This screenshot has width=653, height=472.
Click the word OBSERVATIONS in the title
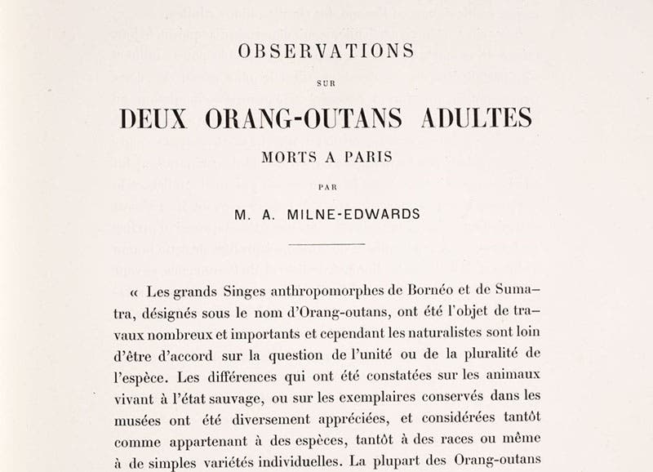326,51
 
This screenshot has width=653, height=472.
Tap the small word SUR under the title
326,82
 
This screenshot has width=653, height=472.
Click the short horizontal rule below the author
326,243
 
